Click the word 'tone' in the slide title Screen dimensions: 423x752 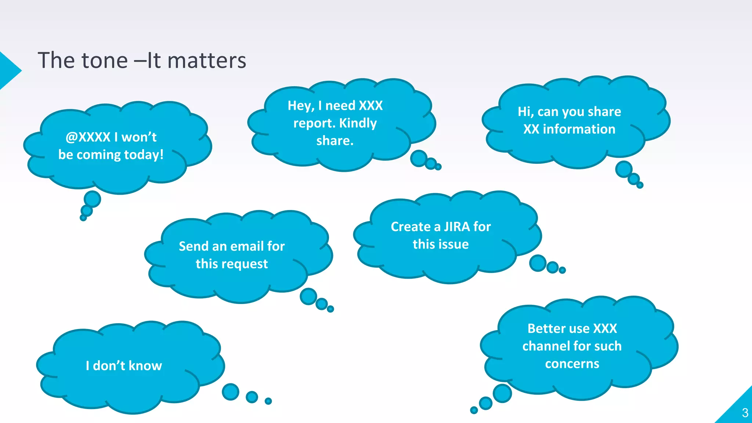click(104, 61)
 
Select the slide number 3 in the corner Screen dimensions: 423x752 click(745, 413)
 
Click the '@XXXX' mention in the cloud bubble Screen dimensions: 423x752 click(88, 137)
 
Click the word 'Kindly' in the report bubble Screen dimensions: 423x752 click(358, 123)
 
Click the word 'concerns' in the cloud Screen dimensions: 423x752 click(572, 364)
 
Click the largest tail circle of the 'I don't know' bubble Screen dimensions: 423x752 click(231, 392)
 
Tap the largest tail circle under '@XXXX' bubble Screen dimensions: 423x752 click(92, 199)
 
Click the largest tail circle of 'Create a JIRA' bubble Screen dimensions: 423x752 click(538, 263)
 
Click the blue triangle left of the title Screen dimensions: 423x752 click(8, 70)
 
